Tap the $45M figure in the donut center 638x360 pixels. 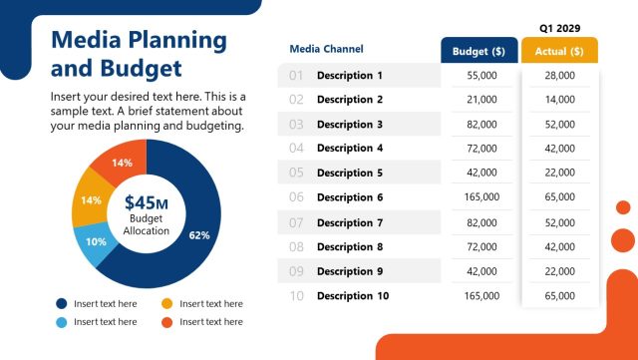click(147, 202)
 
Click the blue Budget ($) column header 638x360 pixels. click(479, 51)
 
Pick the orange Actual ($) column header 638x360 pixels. click(559, 51)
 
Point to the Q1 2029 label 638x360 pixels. click(559, 28)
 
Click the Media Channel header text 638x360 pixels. click(326, 49)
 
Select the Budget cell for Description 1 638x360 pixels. click(480, 76)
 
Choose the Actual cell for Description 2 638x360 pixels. click(559, 100)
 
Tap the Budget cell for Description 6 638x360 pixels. click(480, 198)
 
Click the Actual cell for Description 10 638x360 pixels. click(559, 296)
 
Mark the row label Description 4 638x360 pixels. click(350, 149)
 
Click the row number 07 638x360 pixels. click(296, 222)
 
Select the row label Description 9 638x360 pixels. click(350, 271)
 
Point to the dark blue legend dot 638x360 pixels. click(62, 303)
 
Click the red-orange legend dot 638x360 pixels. click(167, 322)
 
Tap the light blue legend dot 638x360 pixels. click(62, 322)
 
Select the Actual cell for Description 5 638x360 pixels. click(559, 174)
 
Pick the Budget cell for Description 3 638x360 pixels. click(480, 125)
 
